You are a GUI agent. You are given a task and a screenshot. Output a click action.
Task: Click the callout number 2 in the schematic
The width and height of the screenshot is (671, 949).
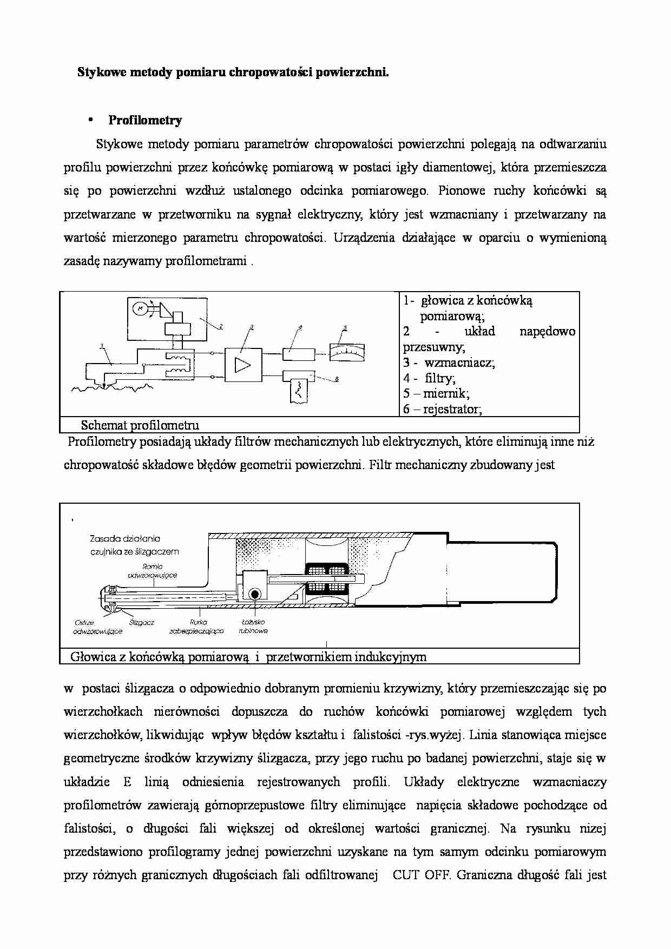pos(221,326)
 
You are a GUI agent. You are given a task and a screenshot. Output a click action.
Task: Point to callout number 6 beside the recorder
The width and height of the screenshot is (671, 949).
pos(336,379)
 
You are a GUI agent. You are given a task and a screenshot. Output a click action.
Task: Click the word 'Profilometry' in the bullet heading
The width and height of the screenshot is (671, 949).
pos(145,120)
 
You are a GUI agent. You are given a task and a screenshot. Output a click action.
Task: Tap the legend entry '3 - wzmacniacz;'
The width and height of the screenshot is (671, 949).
pos(449,363)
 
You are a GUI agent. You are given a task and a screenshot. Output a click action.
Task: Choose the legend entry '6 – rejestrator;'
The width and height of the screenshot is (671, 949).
pos(442,409)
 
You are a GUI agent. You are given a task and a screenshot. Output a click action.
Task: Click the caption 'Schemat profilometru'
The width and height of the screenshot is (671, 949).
pos(140,425)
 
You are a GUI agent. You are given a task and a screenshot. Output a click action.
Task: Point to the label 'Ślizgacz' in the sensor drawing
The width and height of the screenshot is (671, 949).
pos(142,623)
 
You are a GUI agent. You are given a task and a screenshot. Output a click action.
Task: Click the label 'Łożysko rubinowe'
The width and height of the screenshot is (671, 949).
pos(253,627)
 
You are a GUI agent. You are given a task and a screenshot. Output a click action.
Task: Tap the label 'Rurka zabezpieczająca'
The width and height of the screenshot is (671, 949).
pos(196,627)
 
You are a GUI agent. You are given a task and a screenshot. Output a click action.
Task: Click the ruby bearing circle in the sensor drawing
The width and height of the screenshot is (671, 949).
pos(254,594)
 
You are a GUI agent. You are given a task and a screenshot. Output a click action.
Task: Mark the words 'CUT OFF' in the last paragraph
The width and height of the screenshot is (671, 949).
pos(418,875)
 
